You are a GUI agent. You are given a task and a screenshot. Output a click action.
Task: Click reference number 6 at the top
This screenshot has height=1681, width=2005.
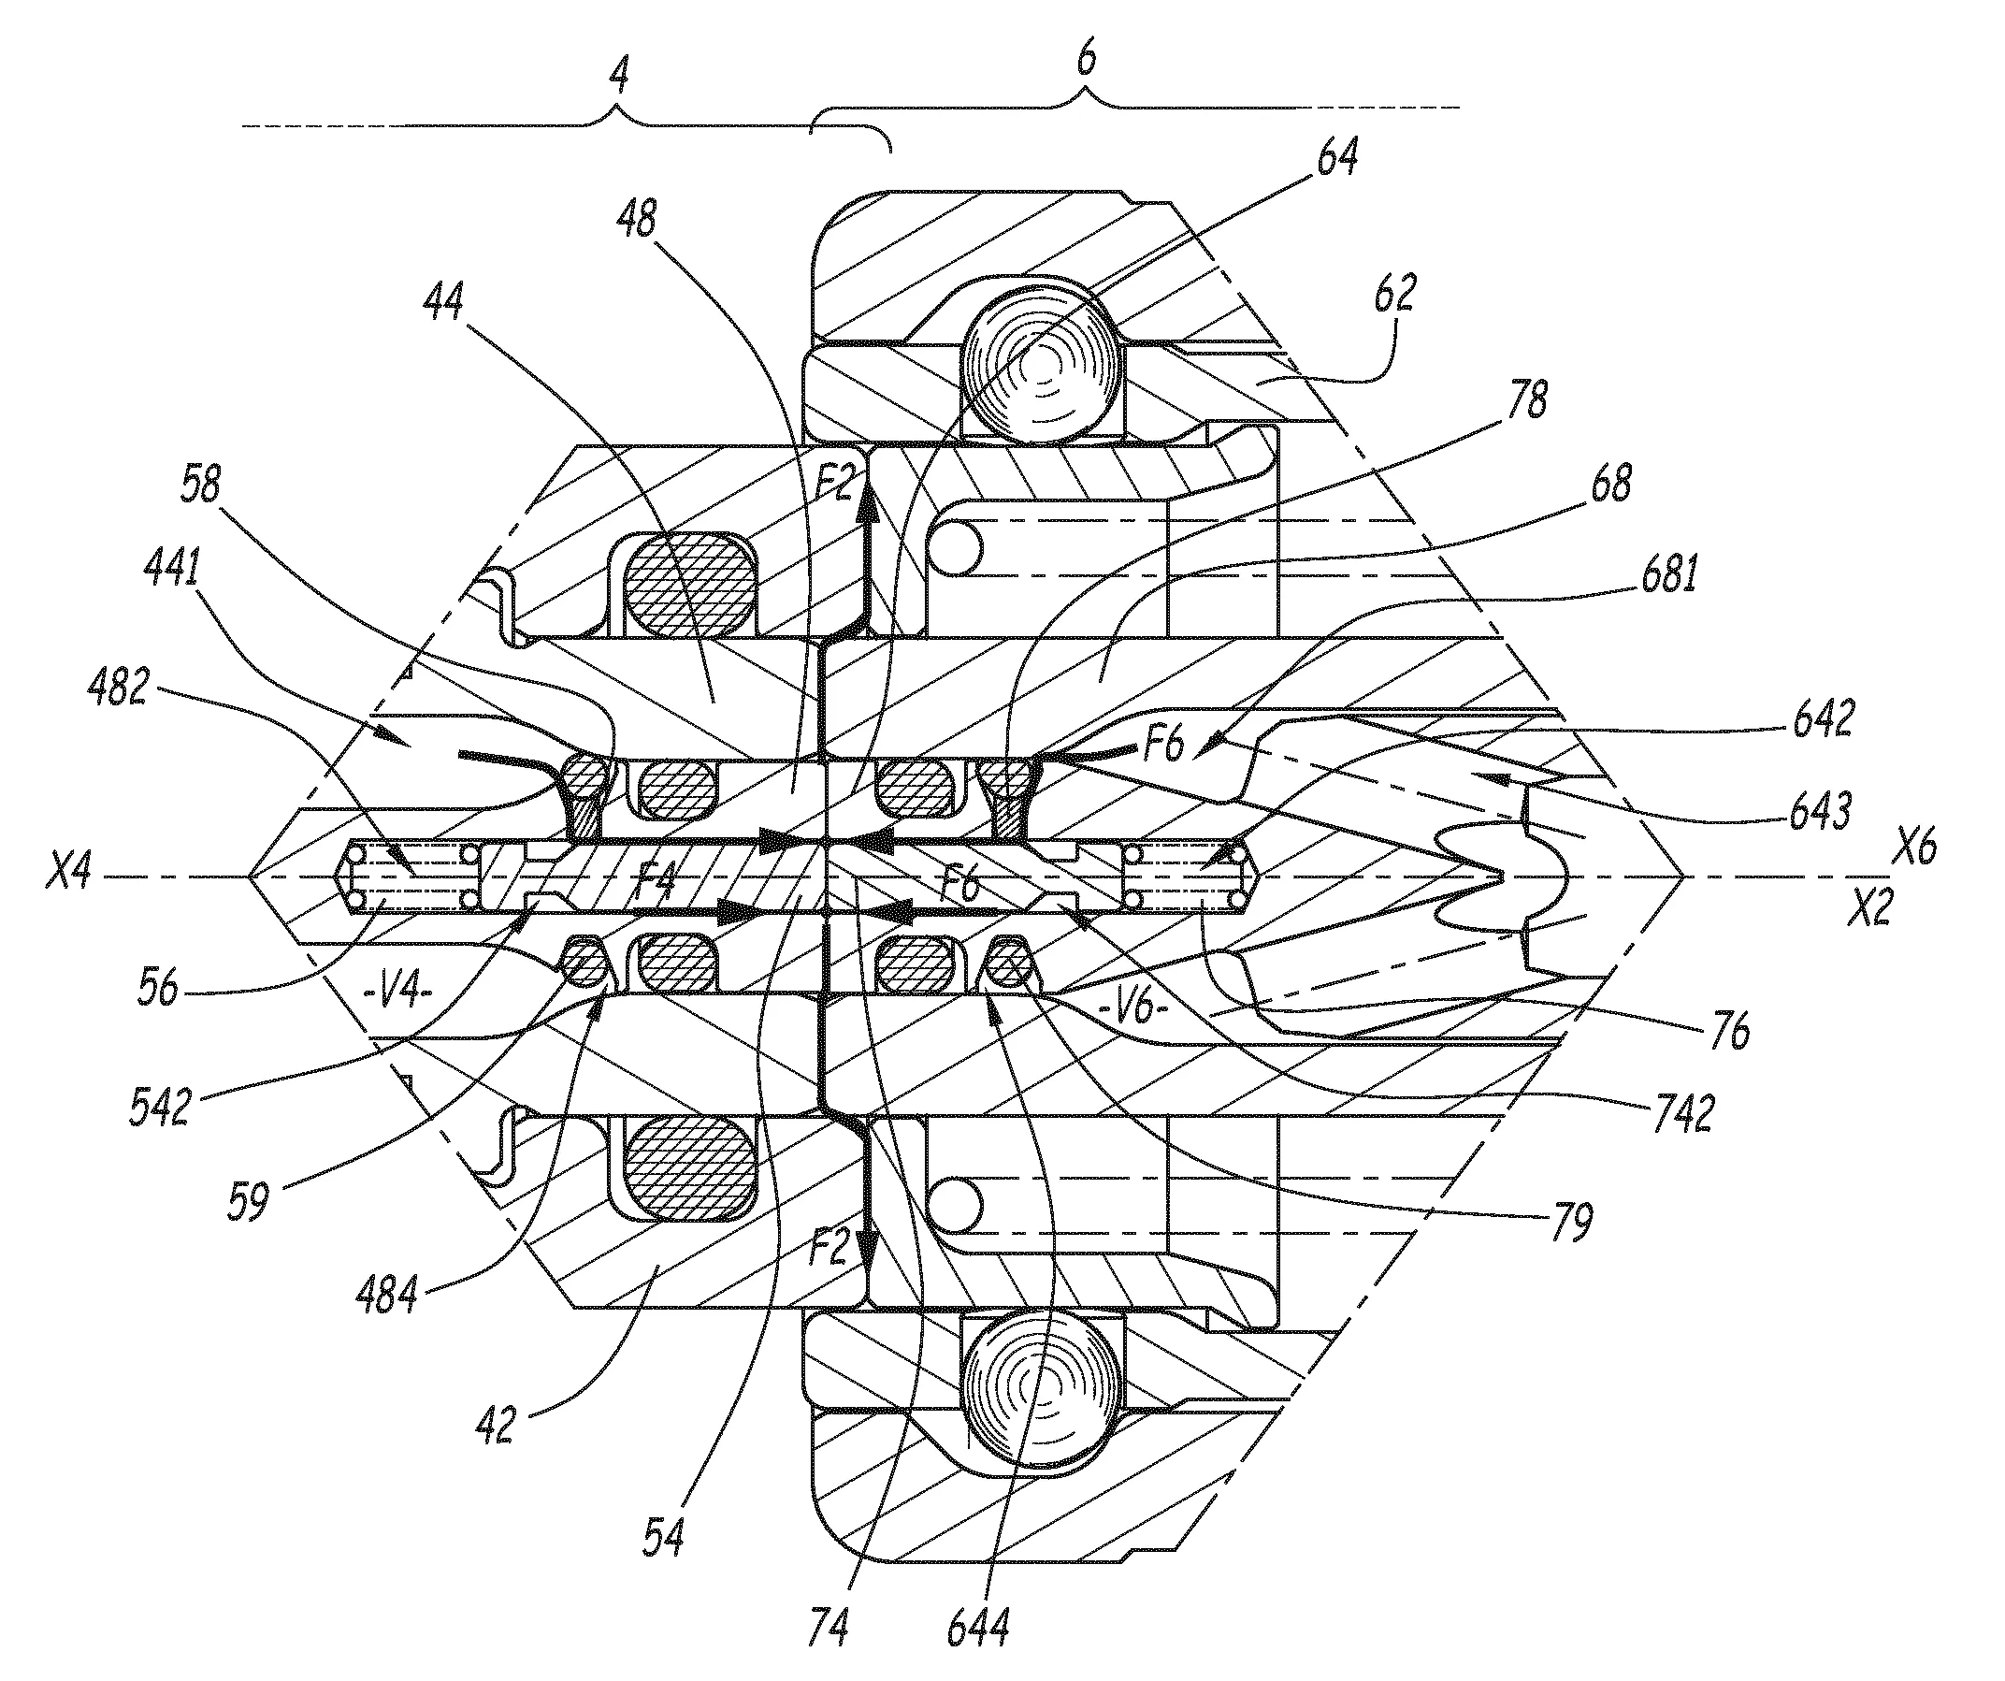[1087, 59]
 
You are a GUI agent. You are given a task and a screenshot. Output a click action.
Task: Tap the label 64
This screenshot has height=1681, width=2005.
[1336, 156]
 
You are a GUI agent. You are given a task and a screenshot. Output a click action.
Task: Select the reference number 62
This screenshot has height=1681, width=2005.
[1395, 293]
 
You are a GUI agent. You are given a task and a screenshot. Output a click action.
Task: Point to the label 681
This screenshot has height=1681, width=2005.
[1668, 577]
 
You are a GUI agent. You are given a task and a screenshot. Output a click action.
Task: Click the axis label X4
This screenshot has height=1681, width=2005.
[69, 873]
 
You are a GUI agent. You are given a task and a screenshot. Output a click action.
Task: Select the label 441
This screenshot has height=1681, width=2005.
[172, 571]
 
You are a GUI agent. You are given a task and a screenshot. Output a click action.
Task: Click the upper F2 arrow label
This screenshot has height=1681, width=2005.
[832, 485]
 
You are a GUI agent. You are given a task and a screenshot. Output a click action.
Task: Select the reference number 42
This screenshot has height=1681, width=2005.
[495, 1424]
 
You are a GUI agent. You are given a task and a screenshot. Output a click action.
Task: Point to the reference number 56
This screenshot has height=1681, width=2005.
[157, 989]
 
